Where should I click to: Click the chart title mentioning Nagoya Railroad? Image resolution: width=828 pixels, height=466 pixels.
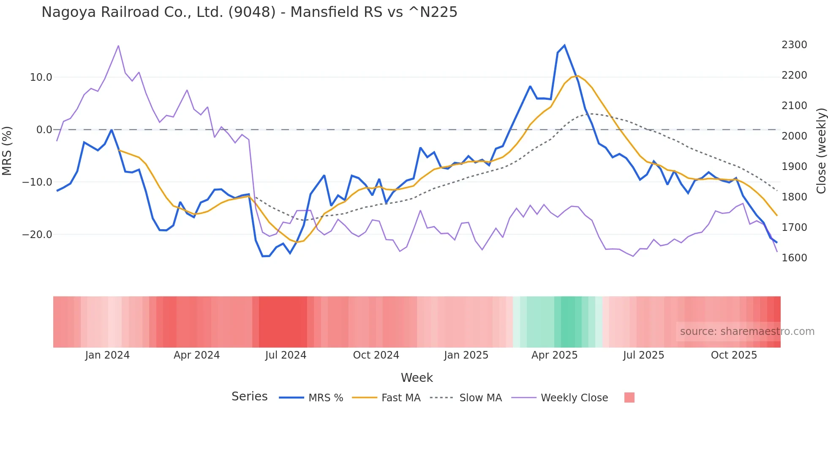click(x=249, y=12)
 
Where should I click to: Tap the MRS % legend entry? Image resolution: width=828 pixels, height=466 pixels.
click(x=325, y=398)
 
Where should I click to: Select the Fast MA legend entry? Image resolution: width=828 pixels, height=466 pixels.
click(x=400, y=398)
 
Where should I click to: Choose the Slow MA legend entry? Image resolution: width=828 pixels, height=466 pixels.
click(x=480, y=398)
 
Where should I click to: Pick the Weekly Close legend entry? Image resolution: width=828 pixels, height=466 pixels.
click(x=574, y=398)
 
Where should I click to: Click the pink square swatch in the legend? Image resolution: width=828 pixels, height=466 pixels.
click(x=629, y=397)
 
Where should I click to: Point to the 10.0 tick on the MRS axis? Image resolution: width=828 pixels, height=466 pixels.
click(x=41, y=77)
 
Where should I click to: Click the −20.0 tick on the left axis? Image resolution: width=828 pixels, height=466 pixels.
click(x=37, y=235)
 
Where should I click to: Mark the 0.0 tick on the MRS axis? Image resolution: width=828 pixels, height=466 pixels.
click(x=44, y=130)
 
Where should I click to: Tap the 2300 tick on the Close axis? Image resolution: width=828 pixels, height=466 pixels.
click(x=794, y=45)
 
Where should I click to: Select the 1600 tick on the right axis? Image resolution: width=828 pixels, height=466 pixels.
click(x=794, y=258)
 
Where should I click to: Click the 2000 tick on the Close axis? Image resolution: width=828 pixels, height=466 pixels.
click(x=794, y=136)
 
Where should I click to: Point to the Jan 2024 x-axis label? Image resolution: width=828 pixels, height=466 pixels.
click(x=107, y=355)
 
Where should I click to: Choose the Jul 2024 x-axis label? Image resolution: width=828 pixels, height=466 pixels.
click(x=286, y=355)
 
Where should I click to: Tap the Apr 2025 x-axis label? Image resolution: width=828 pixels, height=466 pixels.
click(x=554, y=355)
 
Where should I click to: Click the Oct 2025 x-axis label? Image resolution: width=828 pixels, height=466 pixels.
click(x=734, y=355)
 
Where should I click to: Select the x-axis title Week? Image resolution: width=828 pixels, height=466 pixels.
click(x=417, y=378)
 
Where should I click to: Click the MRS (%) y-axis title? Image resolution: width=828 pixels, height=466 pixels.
click(x=7, y=151)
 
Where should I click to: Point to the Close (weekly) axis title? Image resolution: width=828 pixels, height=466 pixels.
click(x=821, y=151)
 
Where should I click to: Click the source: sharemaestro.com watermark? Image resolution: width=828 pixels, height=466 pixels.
click(x=747, y=332)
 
